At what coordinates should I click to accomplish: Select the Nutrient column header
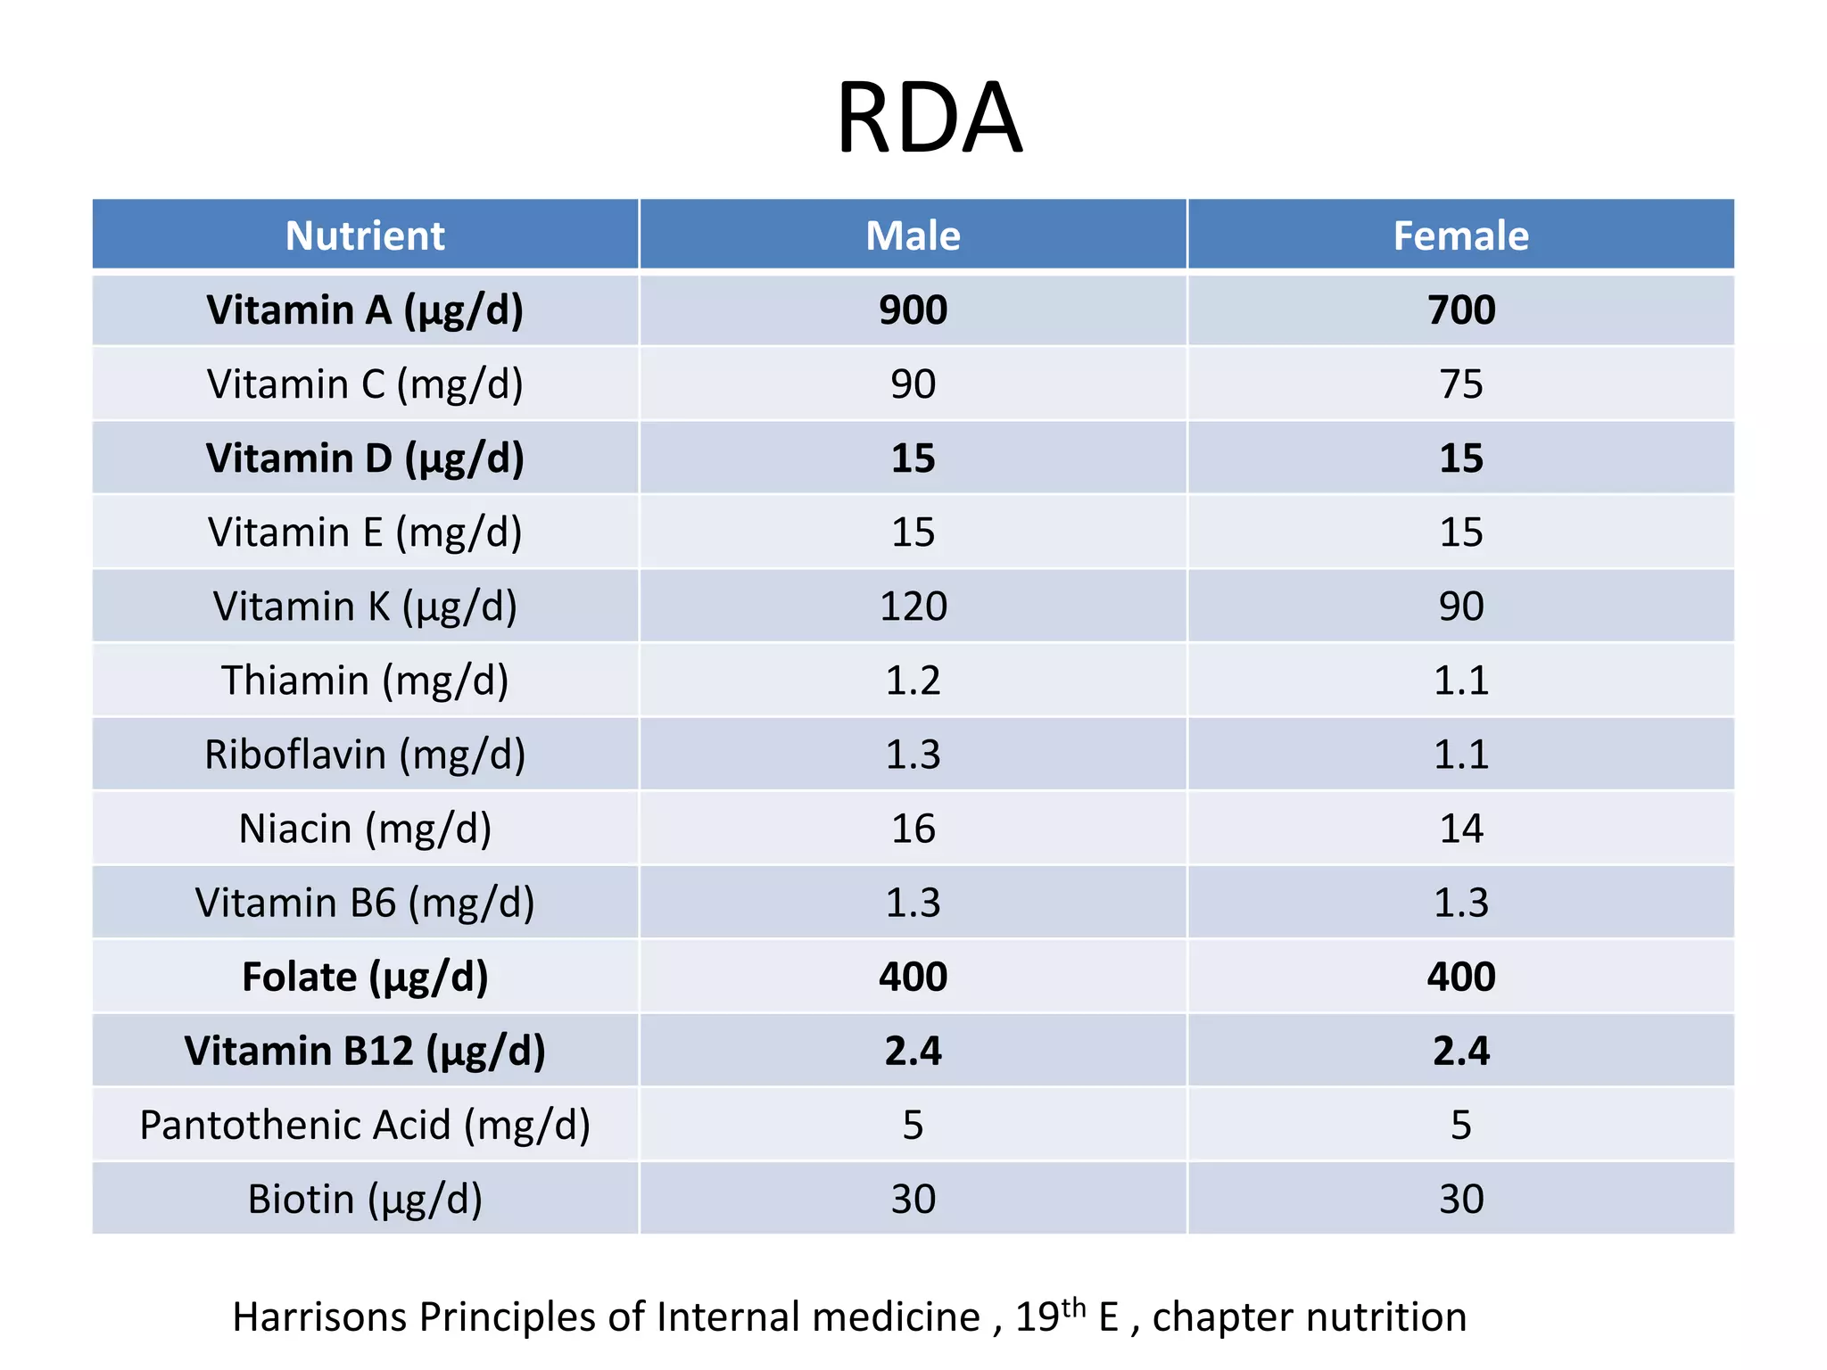365,236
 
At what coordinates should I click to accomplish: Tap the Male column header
913,236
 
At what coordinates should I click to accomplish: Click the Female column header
1460,236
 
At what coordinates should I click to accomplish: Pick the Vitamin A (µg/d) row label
365,310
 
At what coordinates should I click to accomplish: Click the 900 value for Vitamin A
913,310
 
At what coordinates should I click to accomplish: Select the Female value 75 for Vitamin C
1460,384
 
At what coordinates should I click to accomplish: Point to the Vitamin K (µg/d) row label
365,607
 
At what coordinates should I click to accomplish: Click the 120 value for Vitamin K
913,607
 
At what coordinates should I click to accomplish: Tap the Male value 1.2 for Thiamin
913,681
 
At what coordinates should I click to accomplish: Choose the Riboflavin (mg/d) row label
365,755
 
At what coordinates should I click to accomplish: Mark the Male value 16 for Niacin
913,829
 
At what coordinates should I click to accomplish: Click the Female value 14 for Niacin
1460,829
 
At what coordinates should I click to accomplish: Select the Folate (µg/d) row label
365,977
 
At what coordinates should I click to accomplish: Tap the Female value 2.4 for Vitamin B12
1460,1051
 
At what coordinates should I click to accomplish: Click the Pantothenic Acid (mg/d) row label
365,1125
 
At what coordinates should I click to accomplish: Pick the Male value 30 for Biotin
913,1199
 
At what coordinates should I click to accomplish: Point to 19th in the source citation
1049,1315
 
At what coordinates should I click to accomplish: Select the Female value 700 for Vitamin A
1460,310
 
